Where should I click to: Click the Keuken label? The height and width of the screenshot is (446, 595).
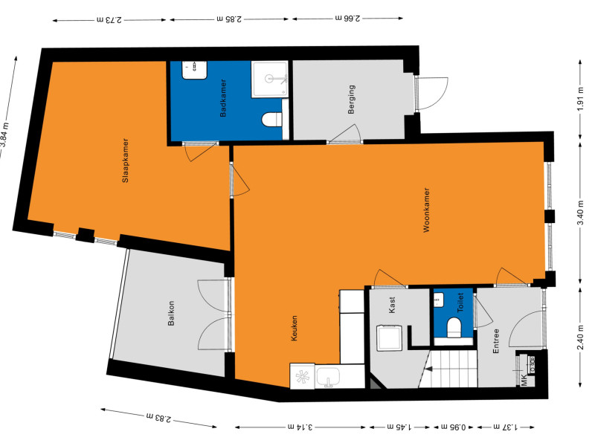coord(295,329)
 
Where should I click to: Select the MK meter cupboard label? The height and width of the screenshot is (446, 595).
coord(524,381)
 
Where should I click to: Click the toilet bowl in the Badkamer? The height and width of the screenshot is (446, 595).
coord(271,119)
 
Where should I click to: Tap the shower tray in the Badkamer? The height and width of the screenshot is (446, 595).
coord(270,79)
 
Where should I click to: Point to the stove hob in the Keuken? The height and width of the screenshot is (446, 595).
coord(303,376)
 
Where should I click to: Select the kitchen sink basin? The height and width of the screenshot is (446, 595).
coord(328,377)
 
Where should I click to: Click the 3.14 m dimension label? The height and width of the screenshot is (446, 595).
coord(297,427)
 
